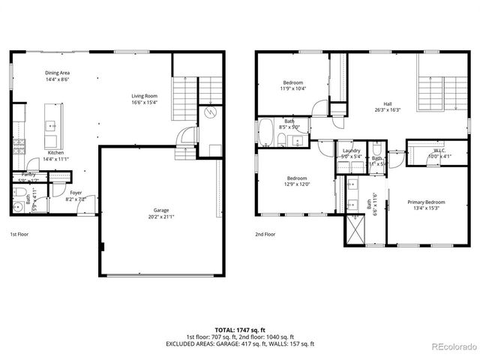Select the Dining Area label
pos(57,72)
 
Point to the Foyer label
pos(76,193)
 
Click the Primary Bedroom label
pos(426,202)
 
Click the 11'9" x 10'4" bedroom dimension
pos(292,88)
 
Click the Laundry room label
pos(351,151)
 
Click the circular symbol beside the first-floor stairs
pos(211,112)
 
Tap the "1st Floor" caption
pos(19,234)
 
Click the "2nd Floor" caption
pos(265,234)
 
